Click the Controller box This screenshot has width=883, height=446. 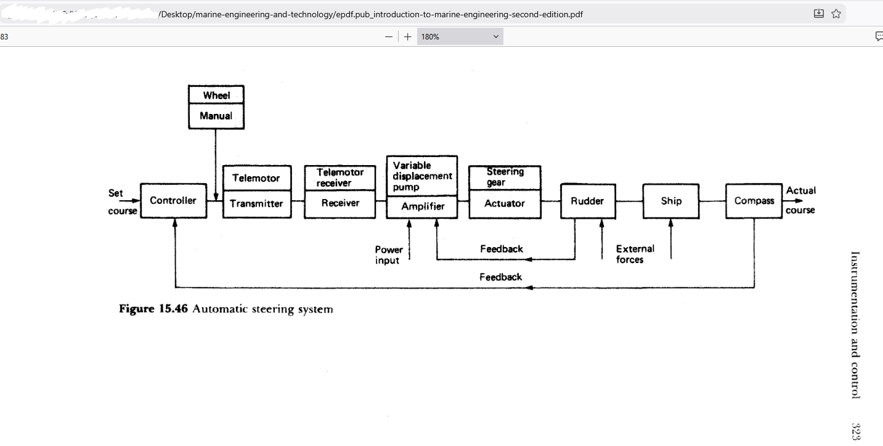coord(173,201)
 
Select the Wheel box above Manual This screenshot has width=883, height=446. coord(216,95)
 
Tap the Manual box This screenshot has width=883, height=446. coord(216,116)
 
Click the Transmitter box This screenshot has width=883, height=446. coord(256,204)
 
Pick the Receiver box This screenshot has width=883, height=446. coord(340,203)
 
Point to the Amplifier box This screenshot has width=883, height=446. coord(422,206)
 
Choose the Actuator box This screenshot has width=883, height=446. coord(505,203)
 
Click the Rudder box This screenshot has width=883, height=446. coord(587,201)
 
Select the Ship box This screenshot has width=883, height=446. coord(671,201)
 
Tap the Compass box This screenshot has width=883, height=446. coord(754,201)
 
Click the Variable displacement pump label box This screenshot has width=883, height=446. coord(422,176)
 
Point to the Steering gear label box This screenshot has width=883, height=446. coord(505,177)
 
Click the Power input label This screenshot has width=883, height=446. coord(388,255)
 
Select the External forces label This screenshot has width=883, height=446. coord(635,254)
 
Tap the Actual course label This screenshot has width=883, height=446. coord(800,200)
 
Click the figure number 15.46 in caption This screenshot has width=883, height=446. coord(173,309)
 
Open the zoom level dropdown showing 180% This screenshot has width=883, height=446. coord(460,37)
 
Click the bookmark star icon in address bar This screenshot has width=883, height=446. coord(836,14)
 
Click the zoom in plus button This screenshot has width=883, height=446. coord(407,37)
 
